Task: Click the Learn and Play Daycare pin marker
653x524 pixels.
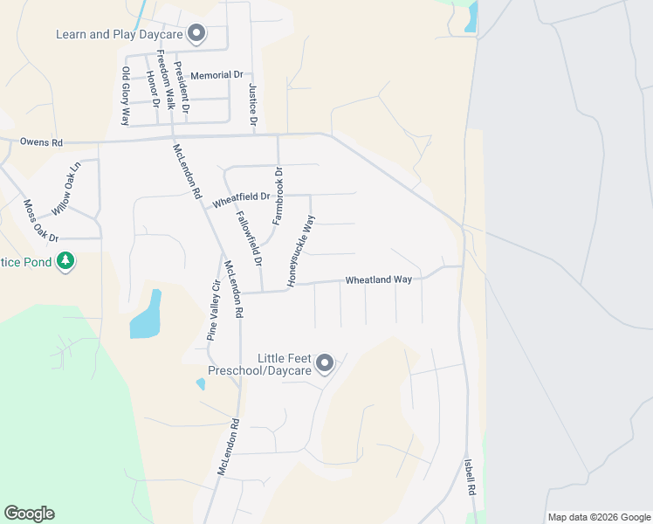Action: [196, 34]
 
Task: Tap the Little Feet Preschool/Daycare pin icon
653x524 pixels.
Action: [325, 363]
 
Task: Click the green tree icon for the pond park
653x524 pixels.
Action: [65, 261]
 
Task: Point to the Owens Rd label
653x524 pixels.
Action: [42, 141]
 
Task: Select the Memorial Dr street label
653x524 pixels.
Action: [216, 76]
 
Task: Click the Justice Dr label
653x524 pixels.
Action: [252, 107]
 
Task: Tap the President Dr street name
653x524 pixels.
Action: [182, 88]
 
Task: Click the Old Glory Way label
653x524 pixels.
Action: [125, 96]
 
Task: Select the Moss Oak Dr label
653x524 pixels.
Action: [40, 221]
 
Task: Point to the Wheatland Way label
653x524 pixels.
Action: [378, 279]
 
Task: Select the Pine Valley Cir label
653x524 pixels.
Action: [212, 309]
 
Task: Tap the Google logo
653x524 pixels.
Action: [30, 514]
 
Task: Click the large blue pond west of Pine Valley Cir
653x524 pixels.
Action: [147, 316]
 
